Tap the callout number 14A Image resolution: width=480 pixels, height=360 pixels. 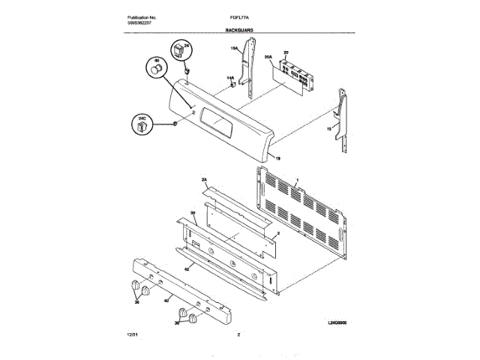pos(230,78)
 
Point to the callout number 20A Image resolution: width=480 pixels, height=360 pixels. pos(268,56)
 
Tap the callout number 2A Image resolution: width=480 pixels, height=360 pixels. pos(203,180)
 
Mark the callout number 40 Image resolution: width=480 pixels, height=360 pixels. pos(166,301)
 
